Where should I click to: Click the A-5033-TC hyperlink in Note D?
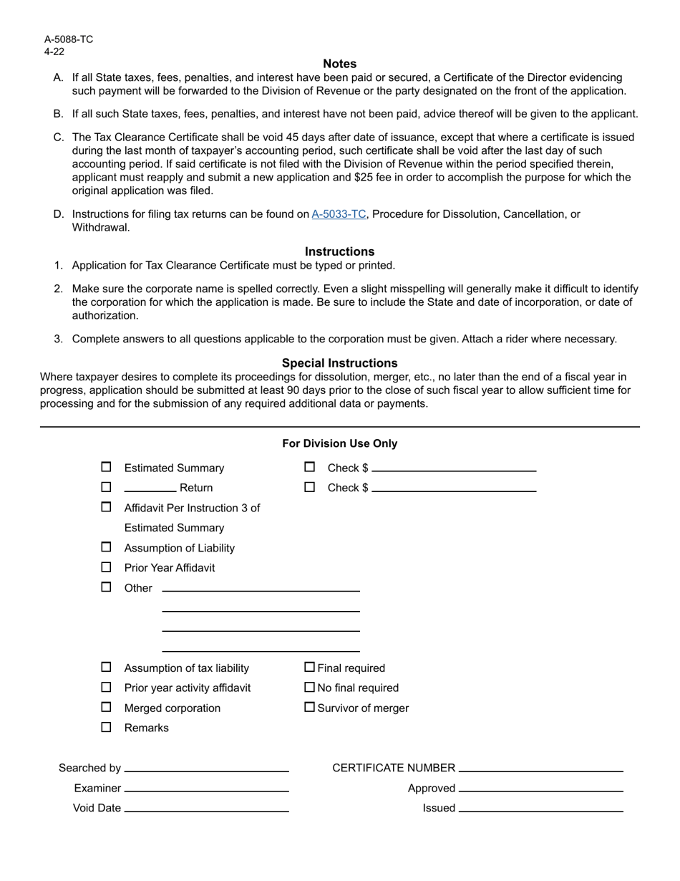tap(339, 214)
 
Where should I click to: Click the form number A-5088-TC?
tap(69, 39)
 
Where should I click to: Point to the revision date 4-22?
tap(54, 52)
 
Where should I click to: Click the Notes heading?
tap(339, 64)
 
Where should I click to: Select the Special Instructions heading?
tap(339, 363)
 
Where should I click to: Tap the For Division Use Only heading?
tap(339, 443)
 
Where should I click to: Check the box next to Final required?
tap(309, 668)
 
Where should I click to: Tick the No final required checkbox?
tap(309, 688)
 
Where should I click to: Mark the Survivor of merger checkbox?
tap(309, 708)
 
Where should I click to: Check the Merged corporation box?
tap(106, 708)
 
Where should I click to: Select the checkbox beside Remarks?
tap(106, 728)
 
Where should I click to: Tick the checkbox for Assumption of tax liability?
tap(106, 668)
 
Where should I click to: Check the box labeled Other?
tap(106, 587)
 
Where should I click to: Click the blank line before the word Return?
tap(150, 488)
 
